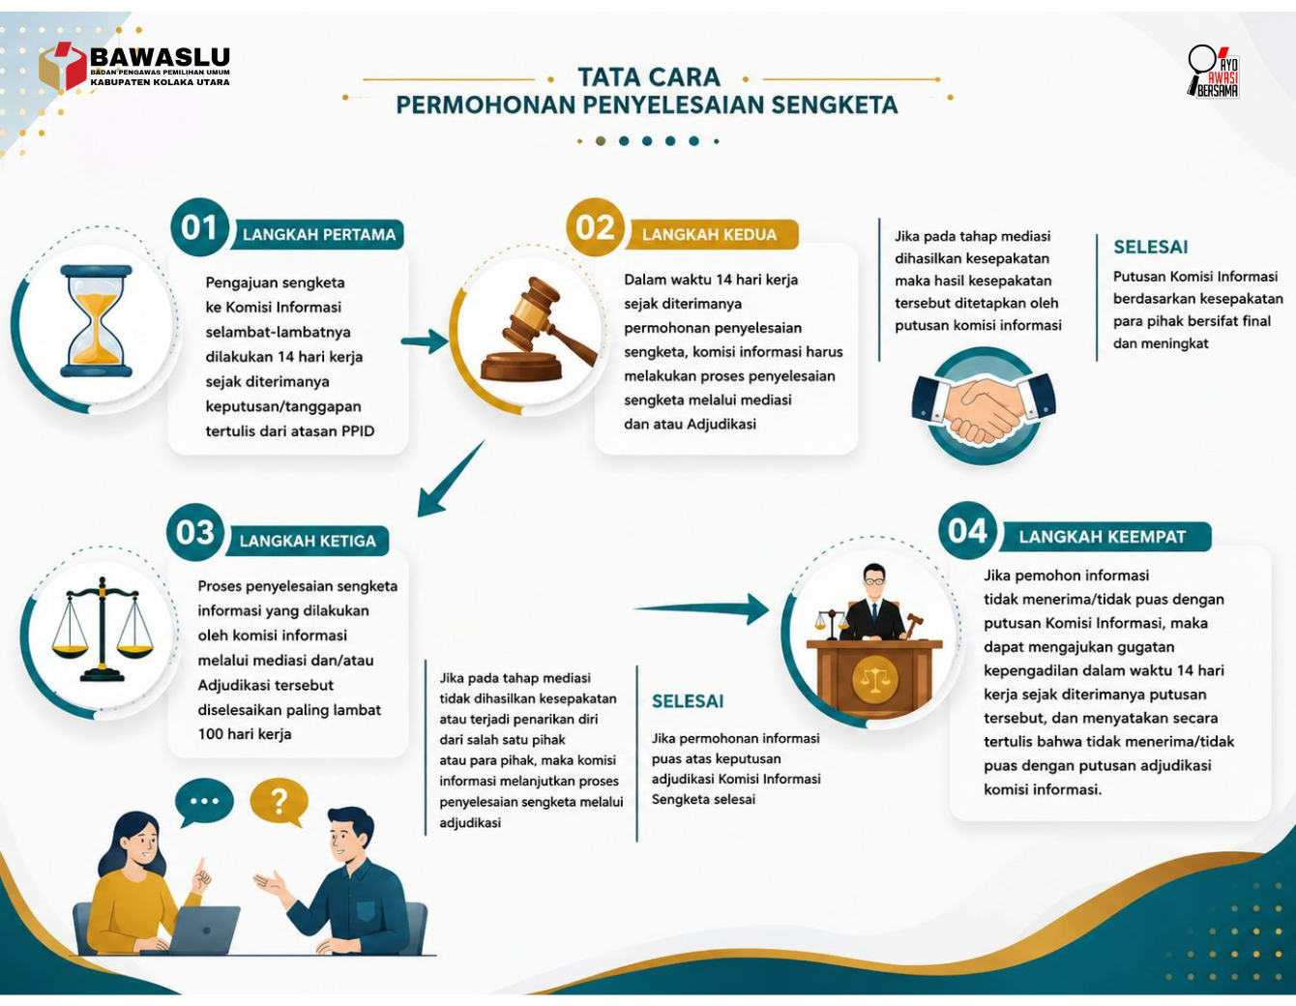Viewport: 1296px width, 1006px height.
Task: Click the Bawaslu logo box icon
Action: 63,66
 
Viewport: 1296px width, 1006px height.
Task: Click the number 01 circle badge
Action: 200,227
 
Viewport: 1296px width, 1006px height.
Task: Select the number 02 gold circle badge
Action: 595,227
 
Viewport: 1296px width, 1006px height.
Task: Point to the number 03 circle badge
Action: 195,533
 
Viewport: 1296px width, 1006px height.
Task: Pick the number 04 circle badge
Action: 967,530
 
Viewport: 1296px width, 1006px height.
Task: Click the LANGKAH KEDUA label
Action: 709,235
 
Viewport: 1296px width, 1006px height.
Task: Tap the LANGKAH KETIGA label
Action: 308,541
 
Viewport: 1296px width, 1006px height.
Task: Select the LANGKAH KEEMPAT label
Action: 1103,537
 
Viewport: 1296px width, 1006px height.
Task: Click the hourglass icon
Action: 96,321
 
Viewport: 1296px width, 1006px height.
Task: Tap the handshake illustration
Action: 984,406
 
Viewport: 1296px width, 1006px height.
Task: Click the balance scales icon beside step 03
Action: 103,629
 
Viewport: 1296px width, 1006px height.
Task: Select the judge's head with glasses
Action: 873,580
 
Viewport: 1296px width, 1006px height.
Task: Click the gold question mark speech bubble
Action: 280,802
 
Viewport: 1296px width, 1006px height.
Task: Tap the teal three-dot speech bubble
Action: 205,801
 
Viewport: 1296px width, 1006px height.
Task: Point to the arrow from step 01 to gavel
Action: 425,341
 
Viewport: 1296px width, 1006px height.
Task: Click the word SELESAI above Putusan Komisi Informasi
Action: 1151,247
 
